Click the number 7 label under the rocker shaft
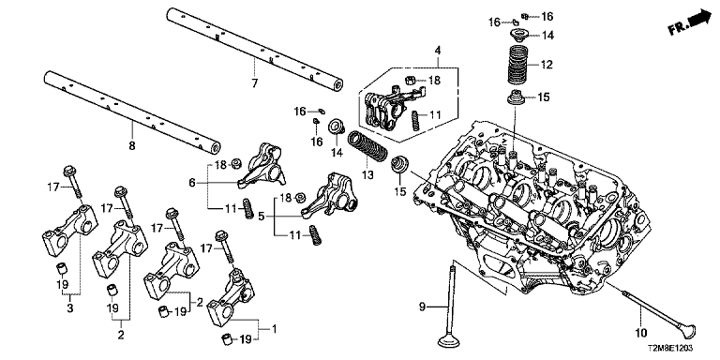click(254, 83)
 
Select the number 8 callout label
click(132, 146)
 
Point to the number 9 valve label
click(423, 307)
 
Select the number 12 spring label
click(547, 65)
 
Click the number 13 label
click(367, 174)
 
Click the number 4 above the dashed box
click(438, 50)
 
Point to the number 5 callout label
click(262, 216)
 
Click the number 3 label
click(69, 308)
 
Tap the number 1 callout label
click(274, 329)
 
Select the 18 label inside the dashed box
click(434, 81)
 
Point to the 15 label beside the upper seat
click(544, 97)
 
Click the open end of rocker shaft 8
click(215, 148)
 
